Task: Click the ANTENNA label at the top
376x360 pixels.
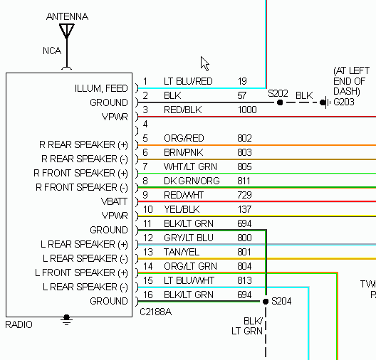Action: (x=67, y=16)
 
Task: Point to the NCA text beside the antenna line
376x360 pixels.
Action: (x=52, y=51)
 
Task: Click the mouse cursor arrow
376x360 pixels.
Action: (x=205, y=64)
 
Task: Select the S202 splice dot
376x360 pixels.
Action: (x=280, y=102)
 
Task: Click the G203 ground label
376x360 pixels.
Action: (x=344, y=102)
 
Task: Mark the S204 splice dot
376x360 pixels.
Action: (x=266, y=302)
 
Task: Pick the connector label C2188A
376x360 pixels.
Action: (x=156, y=312)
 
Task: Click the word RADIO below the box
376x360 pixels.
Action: (x=19, y=324)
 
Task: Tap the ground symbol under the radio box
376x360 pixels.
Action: (x=66, y=320)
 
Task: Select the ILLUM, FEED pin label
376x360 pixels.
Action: (x=101, y=88)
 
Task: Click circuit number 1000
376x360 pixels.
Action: (x=247, y=110)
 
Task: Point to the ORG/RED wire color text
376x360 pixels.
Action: (x=184, y=138)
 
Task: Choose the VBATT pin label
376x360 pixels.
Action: (x=114, y=201)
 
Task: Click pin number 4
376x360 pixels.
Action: (x=145, y=124)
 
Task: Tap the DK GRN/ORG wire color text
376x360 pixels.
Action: (x=192, y=181)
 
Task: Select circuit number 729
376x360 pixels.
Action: (x=244, y=195)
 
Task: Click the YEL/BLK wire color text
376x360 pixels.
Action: (x=182, y=209)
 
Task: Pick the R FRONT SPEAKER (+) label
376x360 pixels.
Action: (x=80, y=173)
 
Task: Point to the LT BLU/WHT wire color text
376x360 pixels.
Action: (x=189, y=280)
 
